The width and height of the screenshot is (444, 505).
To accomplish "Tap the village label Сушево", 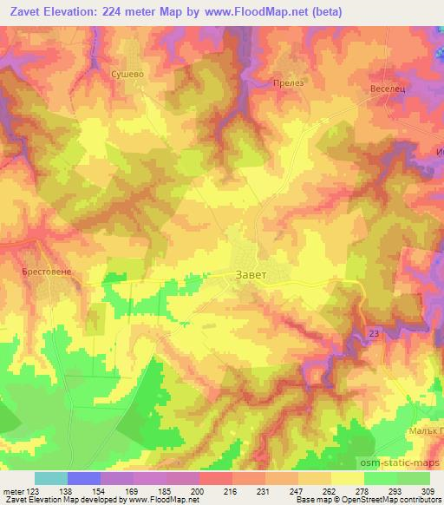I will coord(126,75).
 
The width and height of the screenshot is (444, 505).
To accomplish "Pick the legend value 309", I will coord(429,490).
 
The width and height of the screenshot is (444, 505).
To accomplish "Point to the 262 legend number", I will coord(330,490).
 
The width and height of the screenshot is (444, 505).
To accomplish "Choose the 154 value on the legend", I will coord(101,490).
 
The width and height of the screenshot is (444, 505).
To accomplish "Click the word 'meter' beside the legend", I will coord(13,490).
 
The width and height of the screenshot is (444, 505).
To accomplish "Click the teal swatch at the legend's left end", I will coord(51,478).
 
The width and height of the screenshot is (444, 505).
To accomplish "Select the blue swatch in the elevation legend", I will coord(84,478).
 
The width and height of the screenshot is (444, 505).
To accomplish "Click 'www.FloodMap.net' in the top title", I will coord(265,12).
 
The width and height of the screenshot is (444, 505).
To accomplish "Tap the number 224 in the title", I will coord(120,12).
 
